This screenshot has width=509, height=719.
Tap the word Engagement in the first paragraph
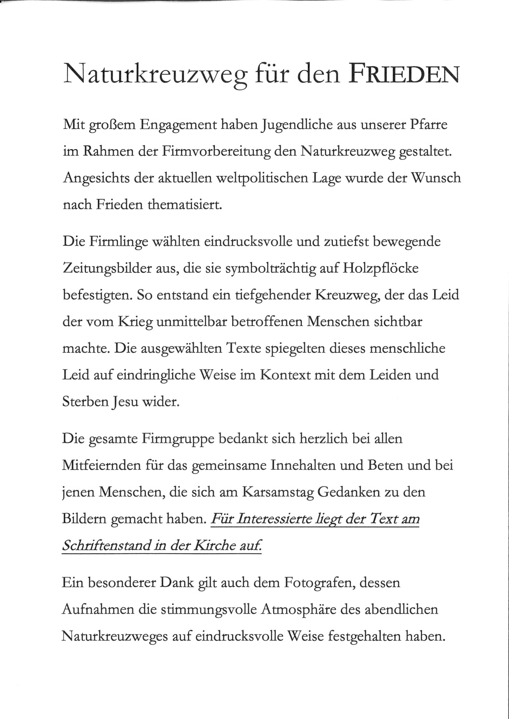[x=179, y=126]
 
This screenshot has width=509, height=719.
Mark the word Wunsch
[x=436, y=178]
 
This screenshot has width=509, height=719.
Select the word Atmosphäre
[x=298, y=610]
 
